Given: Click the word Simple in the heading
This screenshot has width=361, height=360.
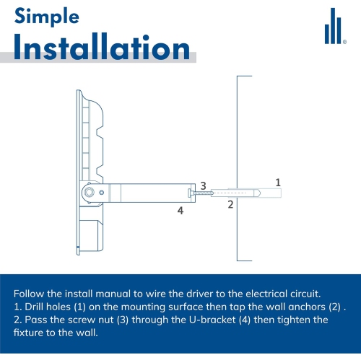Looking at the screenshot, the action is (x=47, y=17).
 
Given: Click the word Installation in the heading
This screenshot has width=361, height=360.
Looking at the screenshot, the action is (x=102, y=47).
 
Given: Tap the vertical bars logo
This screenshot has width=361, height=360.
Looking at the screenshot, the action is (x=333, y=26).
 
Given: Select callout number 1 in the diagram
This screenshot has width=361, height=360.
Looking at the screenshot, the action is (x=278, y=183).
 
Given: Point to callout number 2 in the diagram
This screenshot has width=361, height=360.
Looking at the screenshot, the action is (x=230, y=204).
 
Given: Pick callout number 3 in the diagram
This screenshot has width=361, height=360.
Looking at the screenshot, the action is (x=204, y=186).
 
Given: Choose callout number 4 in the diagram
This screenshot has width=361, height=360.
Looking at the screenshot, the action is (x=180, y=211).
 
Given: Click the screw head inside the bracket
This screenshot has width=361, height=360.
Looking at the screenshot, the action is (x=190, y=193).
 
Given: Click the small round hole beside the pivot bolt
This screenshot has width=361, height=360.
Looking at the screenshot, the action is (x=102, y=193).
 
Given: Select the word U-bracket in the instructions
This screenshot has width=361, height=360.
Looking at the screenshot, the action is (x=212, y=320).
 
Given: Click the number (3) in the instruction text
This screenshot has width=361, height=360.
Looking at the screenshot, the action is (x=123, y=320).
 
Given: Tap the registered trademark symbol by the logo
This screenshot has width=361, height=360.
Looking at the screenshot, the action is (x=344, y=42).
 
